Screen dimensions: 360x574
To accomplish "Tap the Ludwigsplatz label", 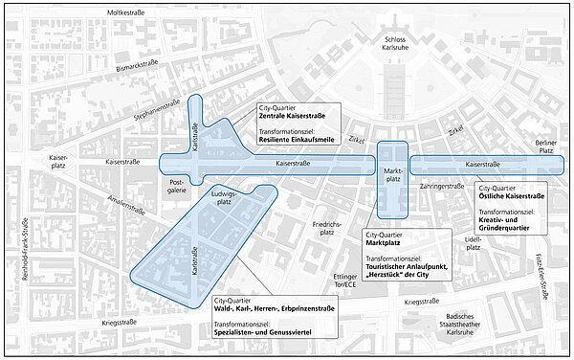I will [x=224, y=197].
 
